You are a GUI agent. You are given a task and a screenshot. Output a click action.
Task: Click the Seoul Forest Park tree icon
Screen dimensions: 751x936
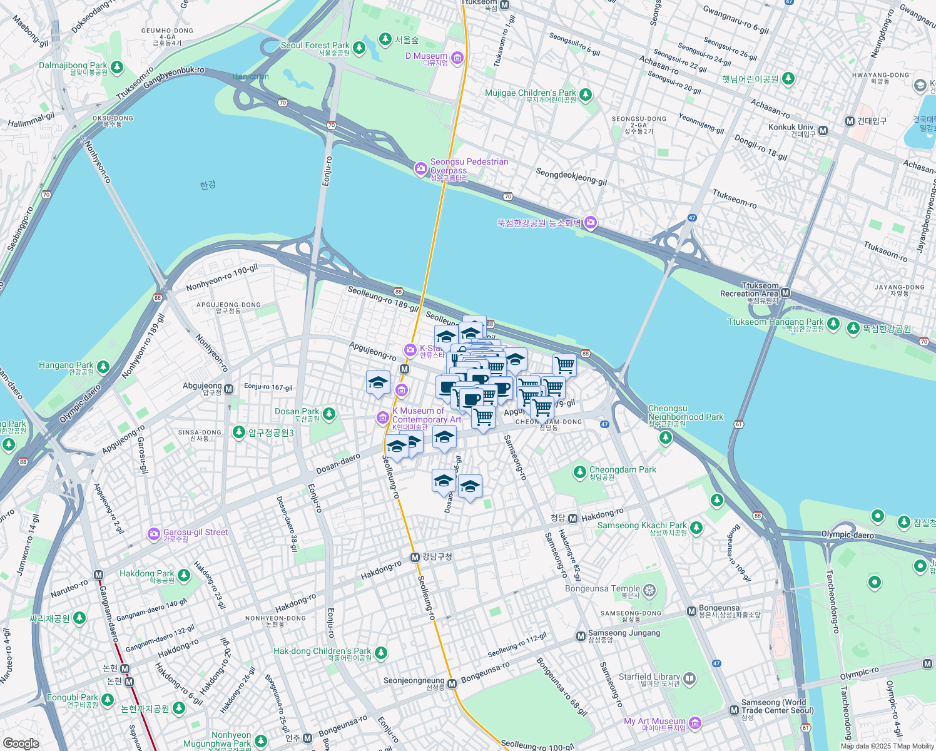coord(359,48)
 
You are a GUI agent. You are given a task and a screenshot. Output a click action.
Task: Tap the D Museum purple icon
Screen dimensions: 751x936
coord(457,58)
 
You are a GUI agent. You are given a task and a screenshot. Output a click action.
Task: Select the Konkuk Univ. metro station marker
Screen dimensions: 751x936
coord(823,131)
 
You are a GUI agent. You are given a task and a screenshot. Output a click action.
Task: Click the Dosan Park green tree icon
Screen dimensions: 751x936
coord(329,414)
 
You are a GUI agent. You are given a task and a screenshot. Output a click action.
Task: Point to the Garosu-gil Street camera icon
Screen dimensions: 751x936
coord(153,534)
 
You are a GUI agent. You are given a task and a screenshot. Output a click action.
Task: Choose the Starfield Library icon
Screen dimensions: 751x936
coord(689,678)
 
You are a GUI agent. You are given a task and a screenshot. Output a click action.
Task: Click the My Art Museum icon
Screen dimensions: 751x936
coord(694,723)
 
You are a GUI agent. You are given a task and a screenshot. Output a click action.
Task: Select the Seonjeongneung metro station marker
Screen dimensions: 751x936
coord(452,684)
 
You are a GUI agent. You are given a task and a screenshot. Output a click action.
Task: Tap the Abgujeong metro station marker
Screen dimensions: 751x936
coord(228,389)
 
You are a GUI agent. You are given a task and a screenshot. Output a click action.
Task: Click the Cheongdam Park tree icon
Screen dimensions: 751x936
coord(580,472)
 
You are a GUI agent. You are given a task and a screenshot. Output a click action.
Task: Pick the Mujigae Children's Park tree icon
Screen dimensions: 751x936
coord(586,95)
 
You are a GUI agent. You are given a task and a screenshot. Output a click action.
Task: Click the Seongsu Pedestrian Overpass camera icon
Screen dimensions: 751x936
coord(420,168)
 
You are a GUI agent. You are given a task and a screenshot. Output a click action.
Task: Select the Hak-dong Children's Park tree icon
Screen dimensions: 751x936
coord(380,653)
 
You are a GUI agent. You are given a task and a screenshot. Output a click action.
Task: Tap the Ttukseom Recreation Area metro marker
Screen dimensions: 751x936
coord(786,293)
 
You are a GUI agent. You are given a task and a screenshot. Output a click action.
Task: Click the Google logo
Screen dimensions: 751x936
coord(21,743)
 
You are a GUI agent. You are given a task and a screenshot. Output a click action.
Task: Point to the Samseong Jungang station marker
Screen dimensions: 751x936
coord(580,636)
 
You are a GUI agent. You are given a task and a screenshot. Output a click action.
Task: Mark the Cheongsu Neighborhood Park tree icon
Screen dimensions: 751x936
coord(666,436)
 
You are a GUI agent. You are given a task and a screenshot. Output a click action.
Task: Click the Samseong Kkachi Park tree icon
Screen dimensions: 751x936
coord(696,528)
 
